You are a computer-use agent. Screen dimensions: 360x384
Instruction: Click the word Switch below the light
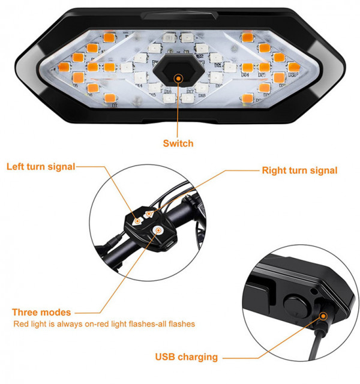[x=178, y=143]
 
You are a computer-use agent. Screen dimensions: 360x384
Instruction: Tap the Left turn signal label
[x=41, y=167]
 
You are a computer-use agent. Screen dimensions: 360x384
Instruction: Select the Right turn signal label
[x=299, y=170]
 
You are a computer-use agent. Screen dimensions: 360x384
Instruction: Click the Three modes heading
[x=41, y=312]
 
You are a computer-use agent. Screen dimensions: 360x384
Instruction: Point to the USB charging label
[x=187, y=357]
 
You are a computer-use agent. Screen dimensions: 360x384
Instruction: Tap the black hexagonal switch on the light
[x=179, y=70]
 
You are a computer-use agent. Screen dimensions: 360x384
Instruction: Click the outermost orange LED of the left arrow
[x=64, y=67]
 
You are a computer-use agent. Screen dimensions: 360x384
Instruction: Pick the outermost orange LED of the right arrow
[x=294, y=67]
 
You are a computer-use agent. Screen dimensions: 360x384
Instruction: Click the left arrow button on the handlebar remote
[x=137, y=221]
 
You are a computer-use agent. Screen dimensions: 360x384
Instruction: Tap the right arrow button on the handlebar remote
[x=149, y=214]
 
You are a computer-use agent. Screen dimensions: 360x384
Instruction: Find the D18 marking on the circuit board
[x=202, y=95]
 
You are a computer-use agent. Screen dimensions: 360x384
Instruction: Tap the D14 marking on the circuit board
[x=139, y=85]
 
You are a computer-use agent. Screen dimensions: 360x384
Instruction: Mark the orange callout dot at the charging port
[x=323, y=316]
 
